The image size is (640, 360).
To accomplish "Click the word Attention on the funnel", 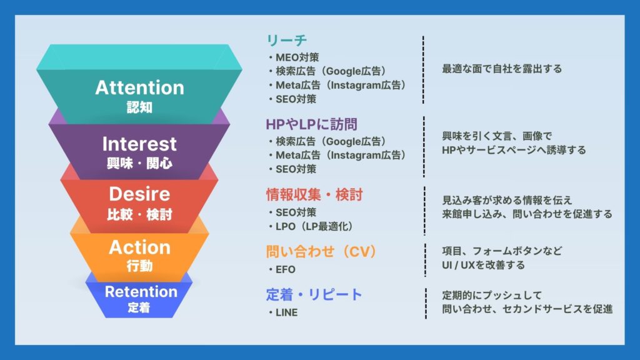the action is point(139,87).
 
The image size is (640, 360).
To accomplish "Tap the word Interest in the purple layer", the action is point(139,144).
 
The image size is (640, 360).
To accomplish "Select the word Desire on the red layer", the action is point(139,194).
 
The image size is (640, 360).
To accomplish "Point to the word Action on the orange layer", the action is point(139,247).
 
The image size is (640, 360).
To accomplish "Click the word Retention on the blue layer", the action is point(141,292).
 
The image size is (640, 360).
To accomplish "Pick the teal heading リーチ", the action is point(286,40).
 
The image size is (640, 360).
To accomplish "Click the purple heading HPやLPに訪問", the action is point(311,124).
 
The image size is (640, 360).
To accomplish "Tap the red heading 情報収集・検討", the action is point(314,195).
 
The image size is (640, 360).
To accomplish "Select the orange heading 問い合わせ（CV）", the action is point(321,251).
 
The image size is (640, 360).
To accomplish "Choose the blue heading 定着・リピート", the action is point(314,294).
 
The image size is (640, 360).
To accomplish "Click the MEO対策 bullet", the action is point(294,57).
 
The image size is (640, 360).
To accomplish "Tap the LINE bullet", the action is point(283,312).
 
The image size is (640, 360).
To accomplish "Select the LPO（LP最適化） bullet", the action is point(311,226).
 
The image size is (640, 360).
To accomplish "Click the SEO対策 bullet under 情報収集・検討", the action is point(292,212).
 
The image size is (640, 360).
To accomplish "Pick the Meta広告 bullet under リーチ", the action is point(337,85).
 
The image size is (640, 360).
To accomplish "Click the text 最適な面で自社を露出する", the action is point(502,69).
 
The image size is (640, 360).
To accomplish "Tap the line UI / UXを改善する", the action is point(483,265).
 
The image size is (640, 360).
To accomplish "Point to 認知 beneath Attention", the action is point(139,107).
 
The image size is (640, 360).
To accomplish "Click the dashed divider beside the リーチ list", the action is point(423,70).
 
